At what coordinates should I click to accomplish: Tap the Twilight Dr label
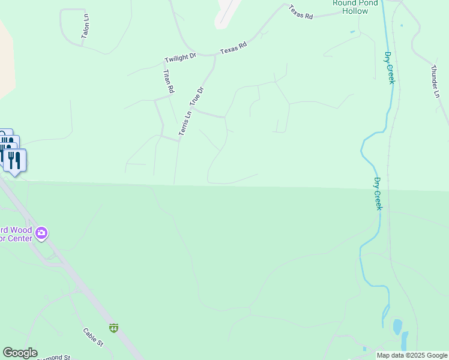180,58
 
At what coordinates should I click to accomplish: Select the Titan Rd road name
168,81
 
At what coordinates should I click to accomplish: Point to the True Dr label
197,96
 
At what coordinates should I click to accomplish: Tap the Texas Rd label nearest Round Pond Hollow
301,13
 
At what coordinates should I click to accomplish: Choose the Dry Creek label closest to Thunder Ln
389,67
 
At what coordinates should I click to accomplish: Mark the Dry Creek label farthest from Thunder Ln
378,193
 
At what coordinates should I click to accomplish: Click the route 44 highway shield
113,328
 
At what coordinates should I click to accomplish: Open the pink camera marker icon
41,233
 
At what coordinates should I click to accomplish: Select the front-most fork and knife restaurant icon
14,160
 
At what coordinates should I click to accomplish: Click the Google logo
20,353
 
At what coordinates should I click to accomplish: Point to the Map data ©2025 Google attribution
412,356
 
